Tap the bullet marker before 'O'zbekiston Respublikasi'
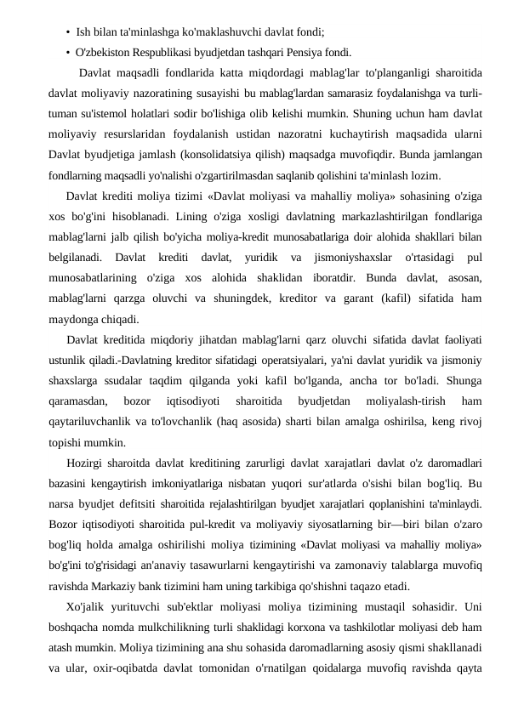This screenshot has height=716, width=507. pos(67,49)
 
